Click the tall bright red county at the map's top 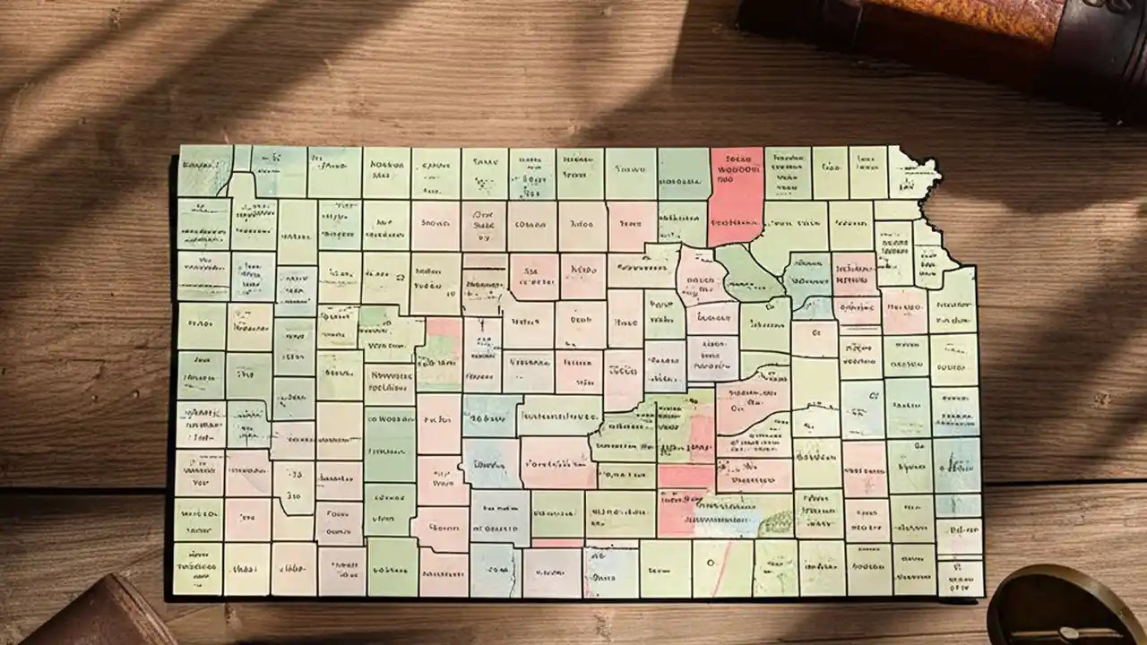[736, 197]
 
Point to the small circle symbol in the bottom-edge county [711, 563]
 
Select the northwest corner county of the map [203, 170]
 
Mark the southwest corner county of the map [197, 568]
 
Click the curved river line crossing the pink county [753, 421]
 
